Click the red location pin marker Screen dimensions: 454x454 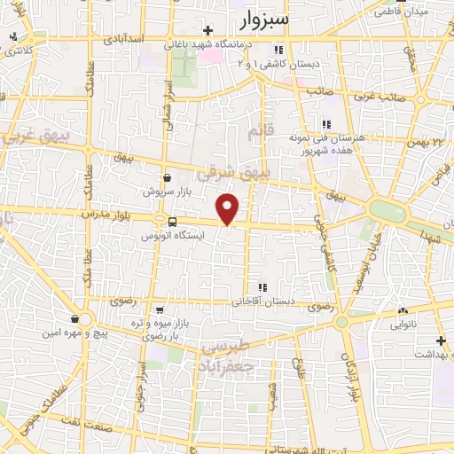[x=228, y=208]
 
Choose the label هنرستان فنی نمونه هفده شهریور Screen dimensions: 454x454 [x=326, y=144]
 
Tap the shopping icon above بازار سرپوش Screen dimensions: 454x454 [x=167, y=177]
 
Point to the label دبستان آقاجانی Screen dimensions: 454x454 [x=262, y=301]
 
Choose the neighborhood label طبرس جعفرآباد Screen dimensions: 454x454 [x=226, y=356]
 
